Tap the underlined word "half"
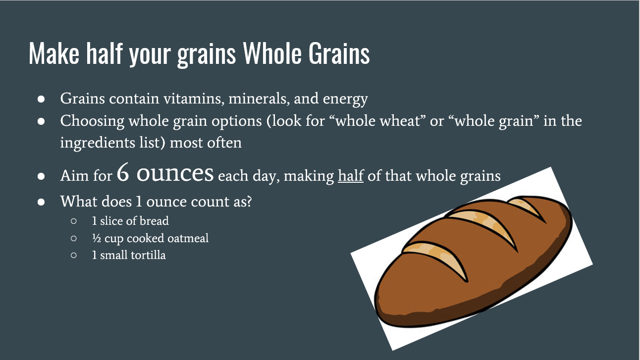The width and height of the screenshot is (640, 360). [x=351, y=176]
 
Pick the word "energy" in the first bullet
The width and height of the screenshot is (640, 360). [x=345, y=100]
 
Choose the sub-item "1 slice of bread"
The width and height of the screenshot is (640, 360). [x=130, y=221]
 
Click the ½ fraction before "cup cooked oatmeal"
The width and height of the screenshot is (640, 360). [x=96, y=238]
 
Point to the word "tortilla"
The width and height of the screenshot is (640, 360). [x=148, y=256]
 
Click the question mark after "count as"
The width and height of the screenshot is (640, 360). [x=248, y=202]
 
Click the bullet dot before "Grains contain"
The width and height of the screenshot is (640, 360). [x=42, y=99]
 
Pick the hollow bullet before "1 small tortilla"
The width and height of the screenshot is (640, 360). [x=73, y=256]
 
